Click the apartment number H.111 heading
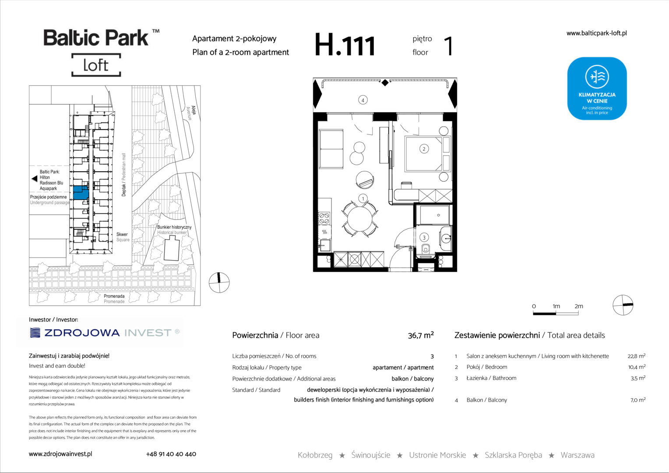[345, 45]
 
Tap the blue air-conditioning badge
[597, 88]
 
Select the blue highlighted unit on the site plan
[81, 193]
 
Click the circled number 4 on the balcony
[363, 100]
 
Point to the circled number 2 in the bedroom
[424, 149]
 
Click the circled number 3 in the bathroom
[424, 237]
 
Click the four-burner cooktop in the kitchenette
[324, 218]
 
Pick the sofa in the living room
[331, 149]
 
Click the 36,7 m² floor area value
[420, 335]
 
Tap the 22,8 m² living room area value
[637, 356]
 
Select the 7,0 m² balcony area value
[638, 400]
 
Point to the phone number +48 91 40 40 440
[171, 454]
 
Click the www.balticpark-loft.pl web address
[596, 33]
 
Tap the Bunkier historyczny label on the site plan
[174, 227]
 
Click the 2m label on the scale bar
[579, 306]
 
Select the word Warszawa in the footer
[577, 455]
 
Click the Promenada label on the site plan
[114, 296]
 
